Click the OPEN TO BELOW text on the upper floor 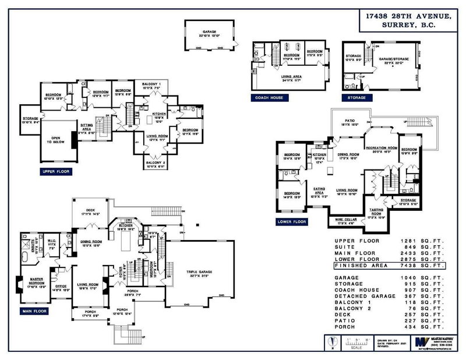pos(58,140)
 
